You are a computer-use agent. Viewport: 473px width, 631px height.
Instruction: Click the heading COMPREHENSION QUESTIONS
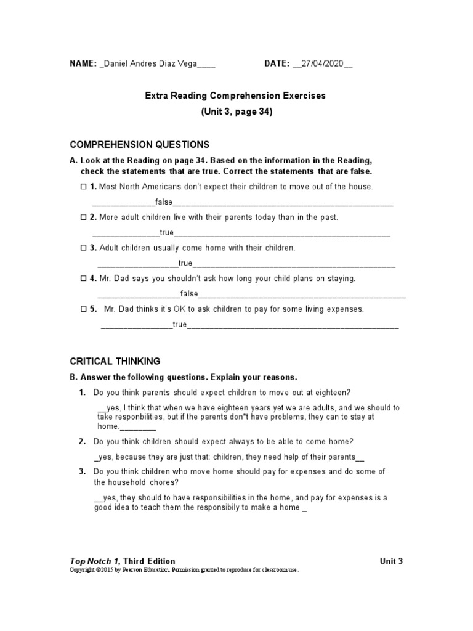click(140, 145)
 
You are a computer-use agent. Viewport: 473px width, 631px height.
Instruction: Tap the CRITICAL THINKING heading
click(115, 361)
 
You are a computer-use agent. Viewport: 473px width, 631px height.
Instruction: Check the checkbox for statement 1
click(84, 187)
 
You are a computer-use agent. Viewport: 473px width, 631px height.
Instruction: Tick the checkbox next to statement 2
click(84, 218)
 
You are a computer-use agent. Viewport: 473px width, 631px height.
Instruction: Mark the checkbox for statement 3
click(84, 248)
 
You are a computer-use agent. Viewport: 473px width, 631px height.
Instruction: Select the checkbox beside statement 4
click(84, 279)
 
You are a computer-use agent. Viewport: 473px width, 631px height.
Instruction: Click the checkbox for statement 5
click(84, 309)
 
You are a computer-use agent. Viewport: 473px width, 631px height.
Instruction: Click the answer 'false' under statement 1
click(164, 202)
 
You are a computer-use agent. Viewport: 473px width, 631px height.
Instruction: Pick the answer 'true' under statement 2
click(167, 233)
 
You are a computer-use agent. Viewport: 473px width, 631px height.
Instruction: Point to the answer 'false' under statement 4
click(189, 294)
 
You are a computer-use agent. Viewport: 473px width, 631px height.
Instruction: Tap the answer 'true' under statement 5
click(180, 325)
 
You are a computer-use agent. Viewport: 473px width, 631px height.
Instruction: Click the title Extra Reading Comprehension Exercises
click(235, 96)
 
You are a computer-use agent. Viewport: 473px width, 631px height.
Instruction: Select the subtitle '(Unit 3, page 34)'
click(236, 112)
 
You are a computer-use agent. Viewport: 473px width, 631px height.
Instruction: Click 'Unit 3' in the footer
click(392, 561)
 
